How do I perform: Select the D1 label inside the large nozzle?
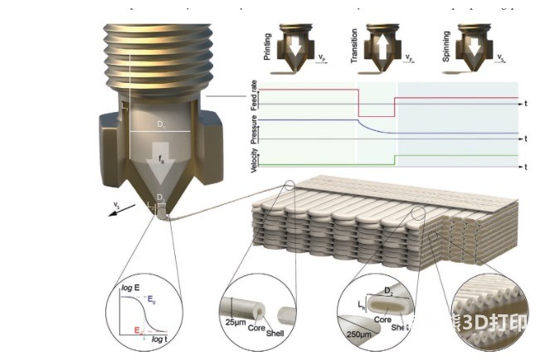(162, 124)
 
